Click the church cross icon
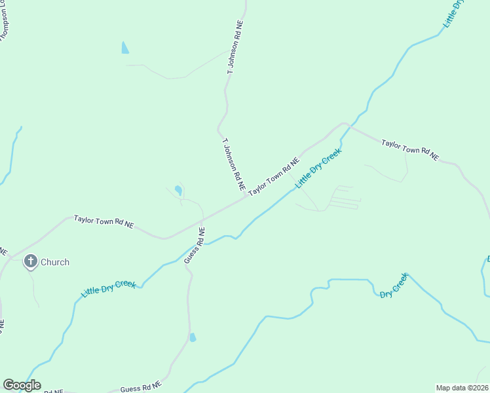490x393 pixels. tap(30, 262)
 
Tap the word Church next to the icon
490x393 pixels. tap(55, 262)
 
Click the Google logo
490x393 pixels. tap(22, 385)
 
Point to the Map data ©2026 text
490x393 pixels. tap(462, 388)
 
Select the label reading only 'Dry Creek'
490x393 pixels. tap(394, 286)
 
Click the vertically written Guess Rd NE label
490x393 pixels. tap(194, 246)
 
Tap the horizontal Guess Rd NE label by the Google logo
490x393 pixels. tap(140, 388)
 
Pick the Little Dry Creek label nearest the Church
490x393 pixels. tap(109, 289)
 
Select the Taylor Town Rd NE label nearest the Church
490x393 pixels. tap(104, 223)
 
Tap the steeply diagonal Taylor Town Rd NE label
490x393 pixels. tap(273, 176)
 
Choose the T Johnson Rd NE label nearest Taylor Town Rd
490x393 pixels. tap(233, 164)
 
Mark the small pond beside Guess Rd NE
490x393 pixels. tap(192, 337)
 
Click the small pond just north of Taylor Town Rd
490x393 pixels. tap(178, 191)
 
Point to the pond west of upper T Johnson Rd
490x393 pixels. tap(125, 47)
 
